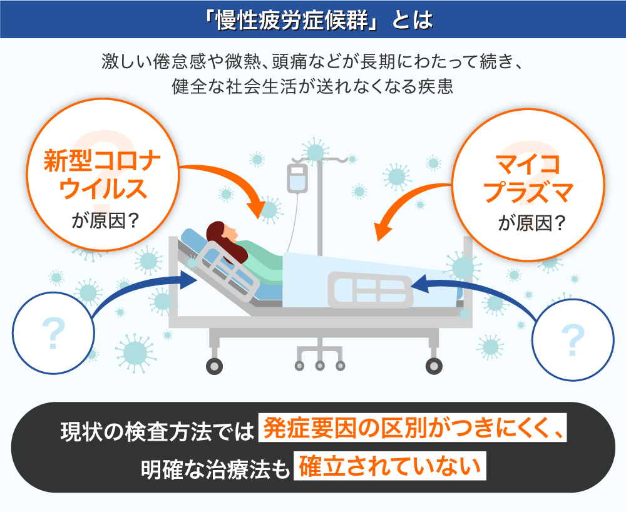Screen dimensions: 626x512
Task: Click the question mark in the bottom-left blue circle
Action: (53, 334)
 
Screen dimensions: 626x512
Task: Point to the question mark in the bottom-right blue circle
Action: (573, 340)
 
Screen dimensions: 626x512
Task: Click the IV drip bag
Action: (297, 178)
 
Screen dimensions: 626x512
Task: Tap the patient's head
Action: (222, 233)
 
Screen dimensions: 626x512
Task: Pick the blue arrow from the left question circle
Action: (131, 287)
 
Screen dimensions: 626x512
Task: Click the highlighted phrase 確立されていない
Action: (389, 466)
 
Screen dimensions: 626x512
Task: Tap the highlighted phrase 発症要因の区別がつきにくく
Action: (413, 428)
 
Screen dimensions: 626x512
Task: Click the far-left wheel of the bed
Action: (214, 366)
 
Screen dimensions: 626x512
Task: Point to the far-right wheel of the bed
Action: (434, 366)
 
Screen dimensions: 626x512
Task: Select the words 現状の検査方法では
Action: (157, 431)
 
